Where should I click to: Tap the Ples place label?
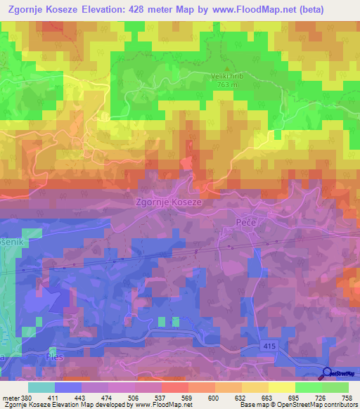pyautogui.click(x=53, y=357)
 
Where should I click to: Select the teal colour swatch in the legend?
pyautogui.click(x=40, y=387)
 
